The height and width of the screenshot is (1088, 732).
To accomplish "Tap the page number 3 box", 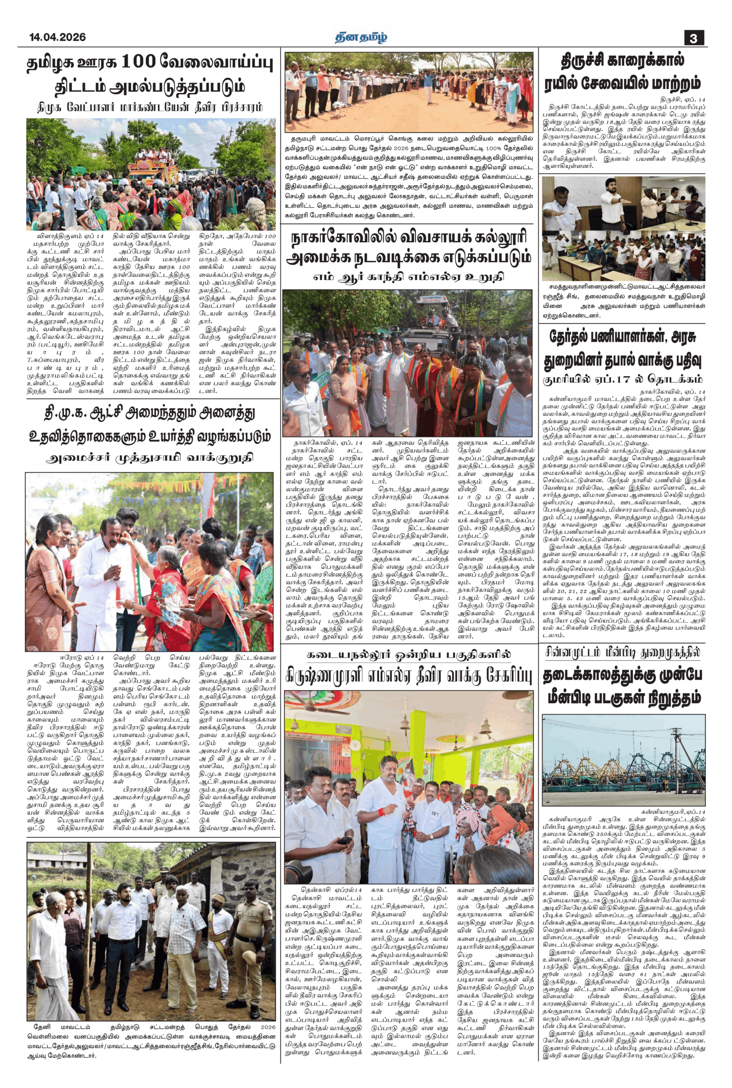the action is (x=694, y=38).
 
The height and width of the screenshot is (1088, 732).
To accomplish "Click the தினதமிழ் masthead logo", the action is (x=361, y=37).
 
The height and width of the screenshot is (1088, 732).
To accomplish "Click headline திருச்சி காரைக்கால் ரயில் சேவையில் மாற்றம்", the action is (x=623, y=72).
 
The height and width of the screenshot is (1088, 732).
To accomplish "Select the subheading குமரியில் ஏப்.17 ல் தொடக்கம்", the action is (x=623, y=379).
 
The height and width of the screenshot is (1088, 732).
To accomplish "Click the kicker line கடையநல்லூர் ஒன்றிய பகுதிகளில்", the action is (x=408, y=654).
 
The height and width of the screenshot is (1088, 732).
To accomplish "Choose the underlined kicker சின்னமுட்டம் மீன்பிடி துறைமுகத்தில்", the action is (x=623, y=652).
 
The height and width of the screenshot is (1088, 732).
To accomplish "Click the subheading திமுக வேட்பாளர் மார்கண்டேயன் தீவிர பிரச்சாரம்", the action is (x=150, y=108).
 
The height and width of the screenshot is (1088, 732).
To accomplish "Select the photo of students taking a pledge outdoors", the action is (x=408, y=92).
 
